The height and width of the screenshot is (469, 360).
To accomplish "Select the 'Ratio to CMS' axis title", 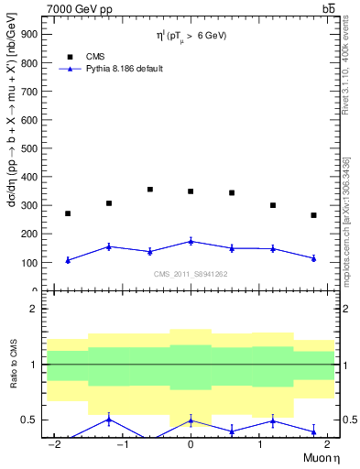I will pos(14,365).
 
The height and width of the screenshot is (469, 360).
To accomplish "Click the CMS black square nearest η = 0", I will pos(191,191).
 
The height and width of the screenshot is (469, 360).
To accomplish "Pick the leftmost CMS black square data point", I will pos(68,213).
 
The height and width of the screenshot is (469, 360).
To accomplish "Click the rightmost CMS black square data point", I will pos(313,215).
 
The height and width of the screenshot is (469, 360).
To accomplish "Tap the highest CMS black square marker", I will pos(149,190).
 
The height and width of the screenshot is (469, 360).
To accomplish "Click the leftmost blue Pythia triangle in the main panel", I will pos(68,260).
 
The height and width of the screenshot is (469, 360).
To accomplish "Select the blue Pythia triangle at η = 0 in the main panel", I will pos(191,241).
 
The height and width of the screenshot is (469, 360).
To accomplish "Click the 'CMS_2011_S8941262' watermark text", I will pos(191,274).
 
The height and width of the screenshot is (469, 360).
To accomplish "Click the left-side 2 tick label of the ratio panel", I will pos(33,309).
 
